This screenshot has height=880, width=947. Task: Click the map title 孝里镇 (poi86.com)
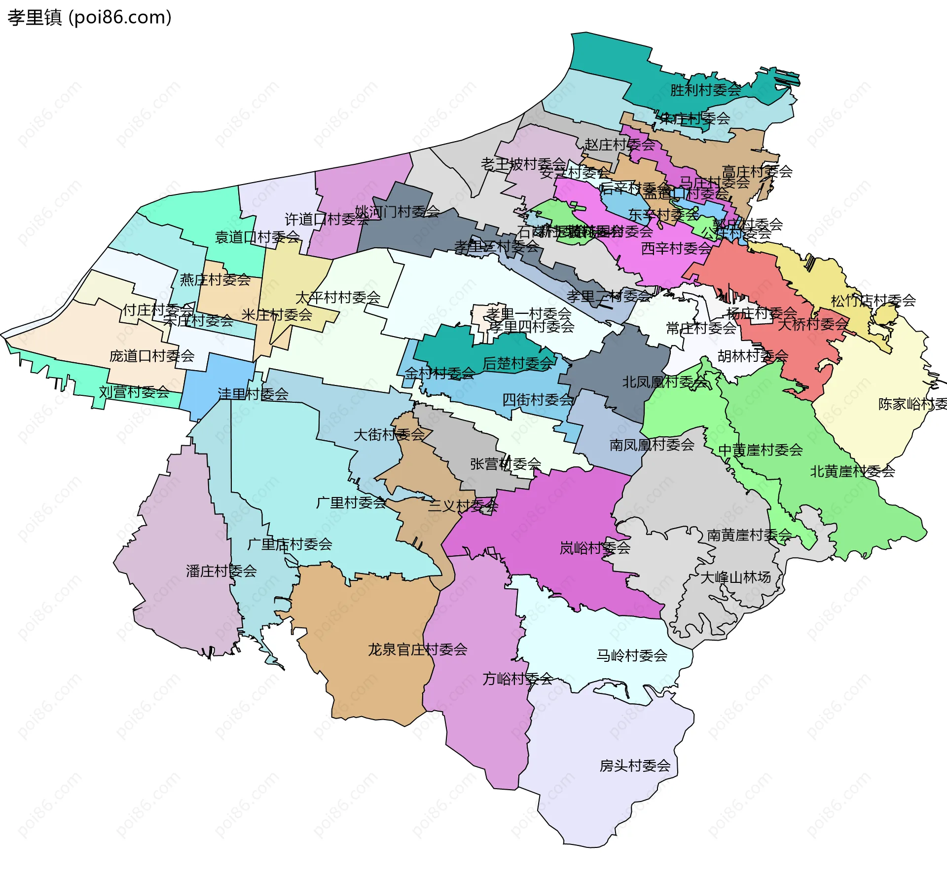[x=89, y=18]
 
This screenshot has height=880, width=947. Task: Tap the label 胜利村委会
[x=705, y=90]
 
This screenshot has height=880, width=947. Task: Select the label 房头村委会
[x=635, y=765]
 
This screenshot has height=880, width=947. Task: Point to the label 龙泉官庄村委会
[x=417, y=650]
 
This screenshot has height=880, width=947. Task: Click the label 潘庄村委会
[x=221, y=571]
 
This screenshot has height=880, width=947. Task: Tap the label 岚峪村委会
[x=594, y=548]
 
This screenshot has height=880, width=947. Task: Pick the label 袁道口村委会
[x=257, y=237]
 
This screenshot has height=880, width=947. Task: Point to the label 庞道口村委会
[x=152, y=356]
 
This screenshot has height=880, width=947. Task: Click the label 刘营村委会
[x=134, y=392]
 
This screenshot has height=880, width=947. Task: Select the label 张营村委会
[x=505, y=464]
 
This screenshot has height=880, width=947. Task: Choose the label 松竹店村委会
[x=873, y=301]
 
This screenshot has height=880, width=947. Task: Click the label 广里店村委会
[x=290, y=544]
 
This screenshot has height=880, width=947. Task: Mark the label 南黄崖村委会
[x=749, y=535]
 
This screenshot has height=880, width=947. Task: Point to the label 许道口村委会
[x=327, y=219]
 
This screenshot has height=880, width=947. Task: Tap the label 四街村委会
[x=537, y=400]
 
